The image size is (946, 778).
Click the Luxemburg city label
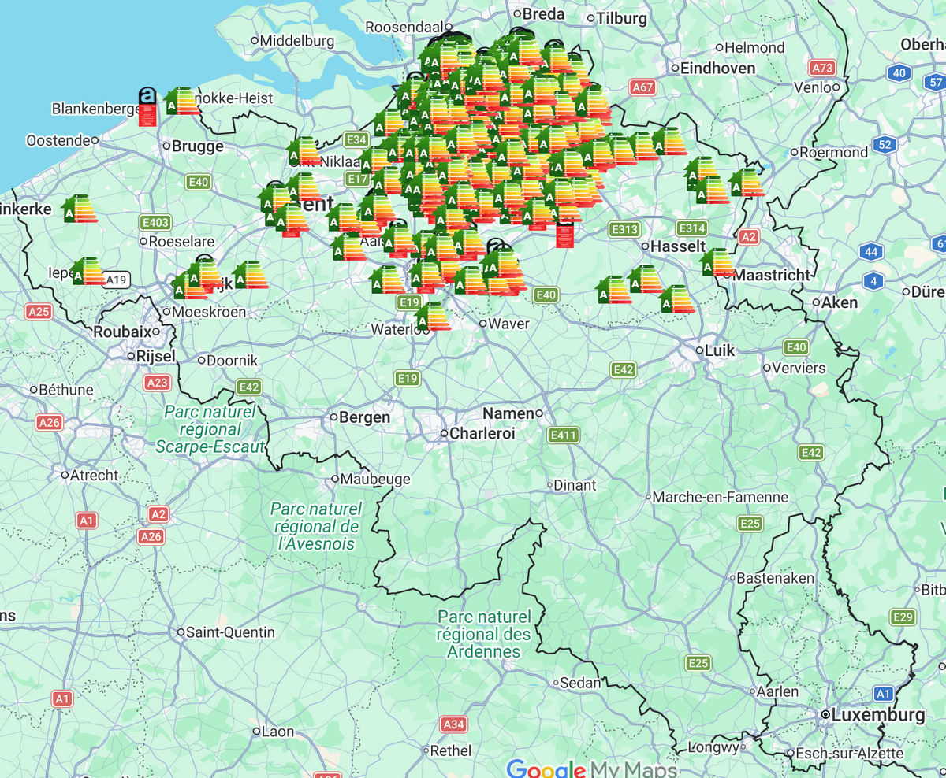[877, 716]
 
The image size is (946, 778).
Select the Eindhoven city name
[717, 69]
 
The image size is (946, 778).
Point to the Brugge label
[197, 146]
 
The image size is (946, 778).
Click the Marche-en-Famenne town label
[721, 497]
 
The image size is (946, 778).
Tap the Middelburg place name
[297, 40]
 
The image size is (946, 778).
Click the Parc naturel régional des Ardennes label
[484, 634]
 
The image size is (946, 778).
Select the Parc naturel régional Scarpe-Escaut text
[210, 429]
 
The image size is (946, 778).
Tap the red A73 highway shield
[823, 69]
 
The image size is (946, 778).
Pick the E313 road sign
[624, 229]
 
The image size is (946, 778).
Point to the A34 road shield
[454, 724]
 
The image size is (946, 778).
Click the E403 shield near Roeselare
[155, 223]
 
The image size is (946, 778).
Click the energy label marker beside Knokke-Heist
[182, 102]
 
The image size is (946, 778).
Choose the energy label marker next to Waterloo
[433, 317]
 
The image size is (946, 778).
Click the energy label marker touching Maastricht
[717, 263]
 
